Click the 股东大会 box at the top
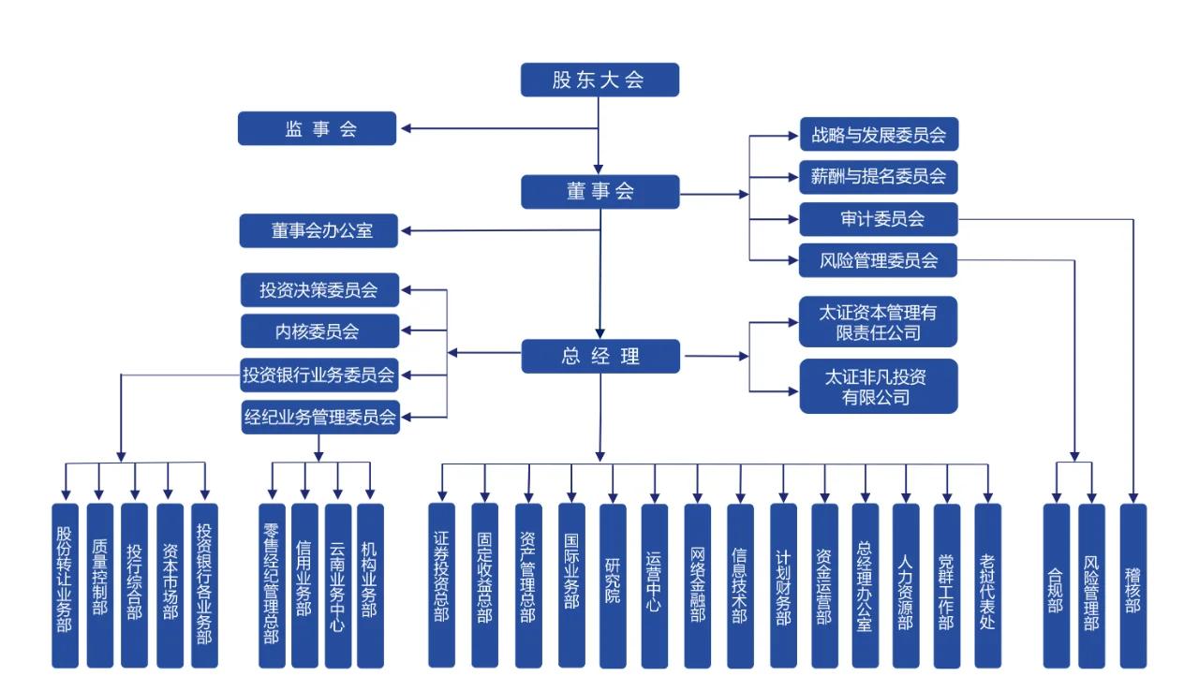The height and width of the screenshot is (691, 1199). pyautogui.click(x=599, y=80)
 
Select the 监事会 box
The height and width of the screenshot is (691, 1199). pyautogui.click(x=317, y=128)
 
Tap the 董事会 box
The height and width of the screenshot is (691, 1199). pyautogui.click(x=599, y=191)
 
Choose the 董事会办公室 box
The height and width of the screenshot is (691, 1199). pyautogui.click(x=318, y=230)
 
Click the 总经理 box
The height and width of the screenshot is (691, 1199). pyautogui.click(x=599, y=355)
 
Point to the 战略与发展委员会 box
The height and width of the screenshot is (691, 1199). pyautogui.click(x=879, y=134)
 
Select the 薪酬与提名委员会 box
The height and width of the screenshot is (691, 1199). pyautogui.click(x=879, y=176)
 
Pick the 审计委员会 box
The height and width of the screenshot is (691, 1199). pyautogui.click(x=879, y=219)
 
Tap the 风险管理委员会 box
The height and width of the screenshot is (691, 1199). pyautogui.click(x=879, y=260)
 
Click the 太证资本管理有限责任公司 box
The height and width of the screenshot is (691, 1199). pyautogui.click(x=879, y=322)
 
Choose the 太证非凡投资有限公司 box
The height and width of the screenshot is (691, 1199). pyautogui.click(x=879, y=386)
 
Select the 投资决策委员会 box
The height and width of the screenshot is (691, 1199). pyautogui.click(x=319, y=289)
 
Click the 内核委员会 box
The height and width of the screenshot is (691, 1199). pyautogui.click(x=319, y=331)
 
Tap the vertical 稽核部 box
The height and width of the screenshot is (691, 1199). pyautogui.click(x=1133, y=585)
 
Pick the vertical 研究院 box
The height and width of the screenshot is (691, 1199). pyautogui.click(x=613, y=585)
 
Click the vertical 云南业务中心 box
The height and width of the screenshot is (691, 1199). pyautogui.click(x=338, y=585)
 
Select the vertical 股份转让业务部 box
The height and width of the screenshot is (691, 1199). pyautogui.click(x=65, y=585)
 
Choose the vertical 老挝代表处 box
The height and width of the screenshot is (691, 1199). pyautogui.click(x=987, y=585)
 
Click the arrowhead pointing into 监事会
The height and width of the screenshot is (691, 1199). pyautogui.click(x=407, y=128)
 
